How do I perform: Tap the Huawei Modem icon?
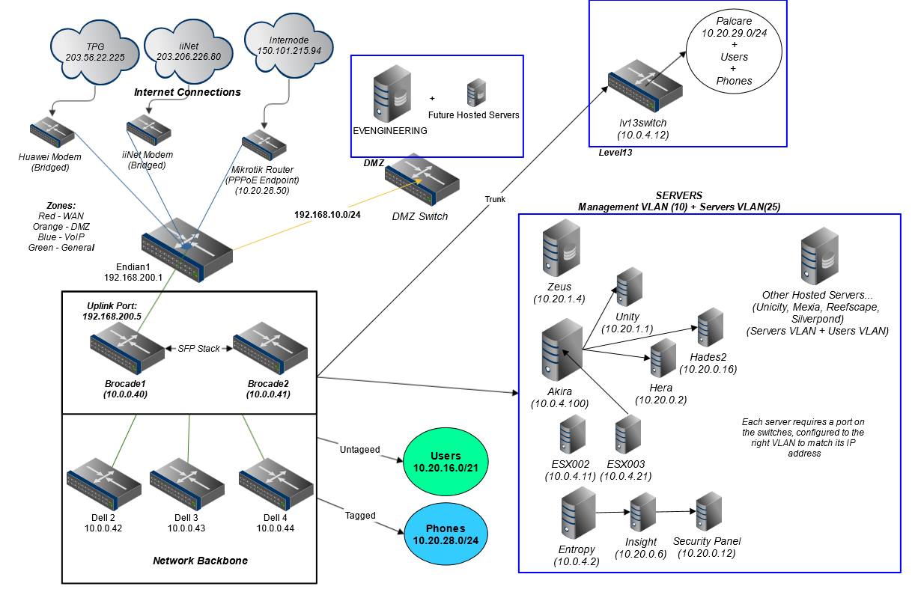pyautogui.click(x=52, y=132)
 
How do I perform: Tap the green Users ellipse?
pyautogui.click(x=446, y=460)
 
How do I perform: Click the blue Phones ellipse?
pyautogui.click(x=446, y=534)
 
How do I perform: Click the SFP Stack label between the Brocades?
pyautogui.click(x=198, y=349)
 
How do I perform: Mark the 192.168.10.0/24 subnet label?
pyautogui.click(x=327, y=214)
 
